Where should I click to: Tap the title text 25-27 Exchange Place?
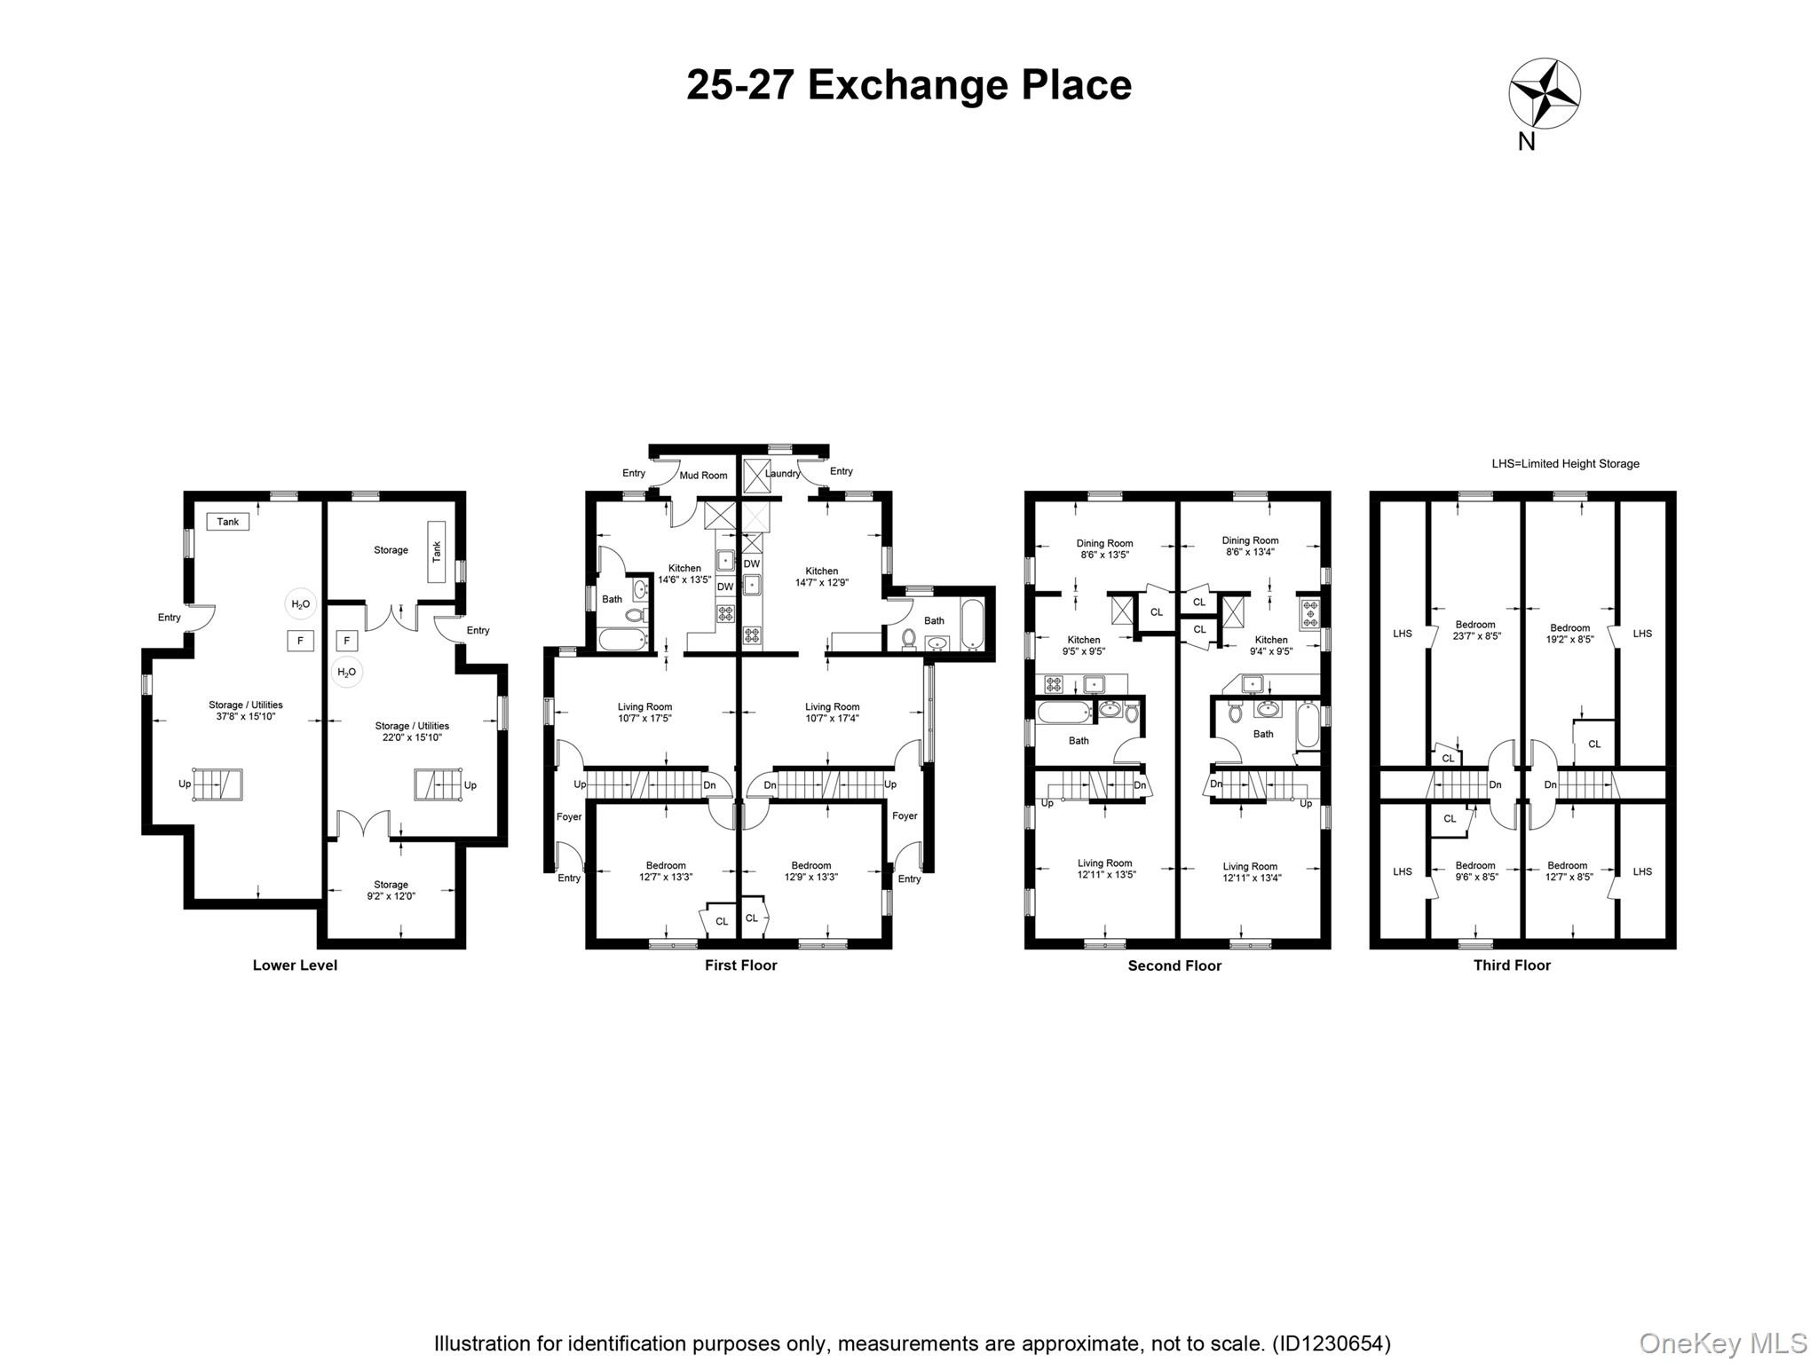coord(909,85)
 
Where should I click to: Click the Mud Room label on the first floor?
coord(703,476)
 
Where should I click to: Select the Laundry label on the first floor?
coord(782,474)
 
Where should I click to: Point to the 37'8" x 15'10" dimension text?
coord(246,716)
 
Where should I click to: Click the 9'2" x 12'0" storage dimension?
coord(391,896)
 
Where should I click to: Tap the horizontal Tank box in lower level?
coord(228,522)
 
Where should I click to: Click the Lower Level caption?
coord(295,965)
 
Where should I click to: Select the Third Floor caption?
coord(1512,965)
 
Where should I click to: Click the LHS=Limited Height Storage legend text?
coord(1565,464)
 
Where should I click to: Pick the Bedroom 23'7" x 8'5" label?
coord(1475,630)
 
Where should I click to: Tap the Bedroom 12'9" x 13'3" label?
coord(810,871)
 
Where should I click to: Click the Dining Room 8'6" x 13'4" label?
coord(1250,546)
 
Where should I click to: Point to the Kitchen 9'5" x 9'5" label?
coord(1084,645)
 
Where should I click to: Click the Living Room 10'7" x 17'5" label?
coord(644,713)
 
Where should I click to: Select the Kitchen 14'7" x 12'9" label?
coord(821,577)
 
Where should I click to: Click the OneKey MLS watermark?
coord(1723,1343)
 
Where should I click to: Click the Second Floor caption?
coord(1174,966)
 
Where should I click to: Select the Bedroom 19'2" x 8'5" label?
coord(1569,634)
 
